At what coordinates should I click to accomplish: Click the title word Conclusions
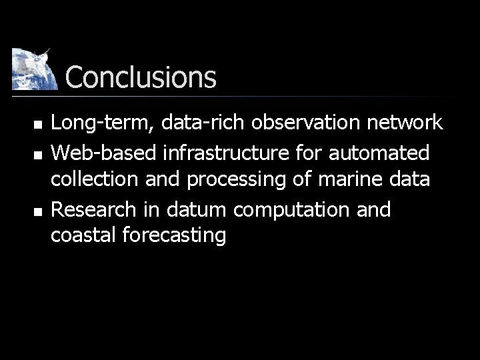[141, 77]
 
